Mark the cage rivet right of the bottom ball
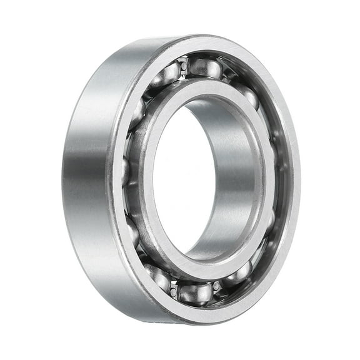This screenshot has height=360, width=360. (217, 286)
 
